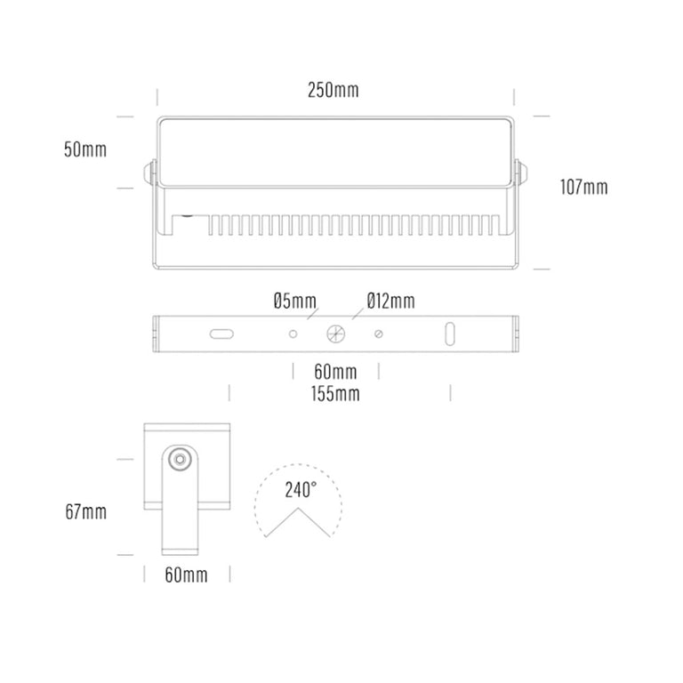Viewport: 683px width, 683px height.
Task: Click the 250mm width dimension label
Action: pyautogui.click(x=333, y=90)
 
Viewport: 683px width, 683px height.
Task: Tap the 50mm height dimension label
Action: pyautogui.click(x=85, y=149)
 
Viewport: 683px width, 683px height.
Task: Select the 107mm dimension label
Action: pyautogui.click(x=583, y=188)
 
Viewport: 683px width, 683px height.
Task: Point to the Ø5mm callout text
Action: pyautogui.click(x=295, y=301)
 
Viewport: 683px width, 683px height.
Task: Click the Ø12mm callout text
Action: pyautogui.click(x=390, y=301)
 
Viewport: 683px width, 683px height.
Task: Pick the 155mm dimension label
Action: pyautogui.click(x=335, y=394)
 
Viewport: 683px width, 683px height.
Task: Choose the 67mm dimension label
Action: pyautogui.click(x=85, y=511)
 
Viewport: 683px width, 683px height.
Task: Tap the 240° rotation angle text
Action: pyautogui.click(x=301, y=490)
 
